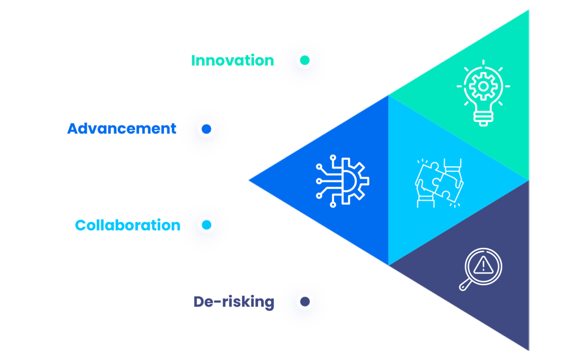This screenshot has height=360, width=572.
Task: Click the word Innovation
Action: pyautogui.click(x=233, y=61)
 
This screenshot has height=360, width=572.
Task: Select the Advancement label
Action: pyautogui.click(x=122, y=129)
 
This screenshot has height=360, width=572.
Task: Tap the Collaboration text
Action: pyautogui.click(x=128, y=225)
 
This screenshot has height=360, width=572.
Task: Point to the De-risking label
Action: pyautogui.click(x=234, y=302)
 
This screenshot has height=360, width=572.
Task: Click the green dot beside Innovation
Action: pyautogui.click(x=304, y=61)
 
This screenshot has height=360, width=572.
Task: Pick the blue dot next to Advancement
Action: pyautogui.click(x=206, y=129)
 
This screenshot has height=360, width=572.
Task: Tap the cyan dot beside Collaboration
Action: pyautogui.click(x=206, y=225)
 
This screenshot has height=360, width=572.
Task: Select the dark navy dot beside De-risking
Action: pyautogui.click(x=304, y=301)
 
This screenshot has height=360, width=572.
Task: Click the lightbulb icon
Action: pyautogui.click(x=483, y=93)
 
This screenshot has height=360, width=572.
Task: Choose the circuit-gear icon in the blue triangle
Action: pyautogui.click(x=342, y=181)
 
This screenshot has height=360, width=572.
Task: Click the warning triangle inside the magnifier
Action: pyautogui.click(x=483, y=264)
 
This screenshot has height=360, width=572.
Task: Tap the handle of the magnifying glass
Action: pyautogui.click(x=465, y=285)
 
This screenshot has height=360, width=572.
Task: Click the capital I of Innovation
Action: pyautogui.click(x=194, y=61)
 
